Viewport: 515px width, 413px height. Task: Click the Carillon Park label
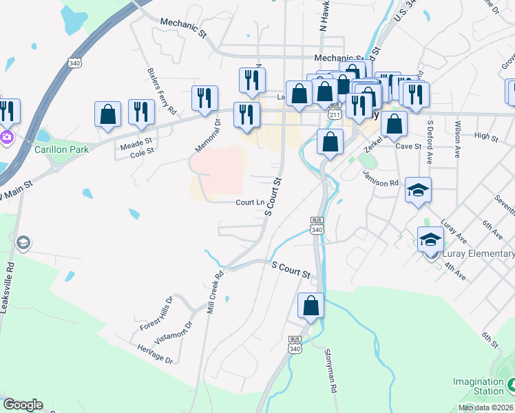coord(63,149)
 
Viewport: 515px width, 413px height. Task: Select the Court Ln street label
coord(250,202)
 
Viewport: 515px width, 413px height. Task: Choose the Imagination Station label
coord(479,386)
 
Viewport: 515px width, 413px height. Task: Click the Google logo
coord(23,405)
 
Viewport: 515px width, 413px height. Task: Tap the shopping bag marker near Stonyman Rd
coord(311,306)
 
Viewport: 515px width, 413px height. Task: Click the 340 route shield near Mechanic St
coord(74,63)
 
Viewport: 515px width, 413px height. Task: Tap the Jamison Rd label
coord(381,183)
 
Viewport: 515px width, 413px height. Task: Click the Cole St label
coord(141,154)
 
